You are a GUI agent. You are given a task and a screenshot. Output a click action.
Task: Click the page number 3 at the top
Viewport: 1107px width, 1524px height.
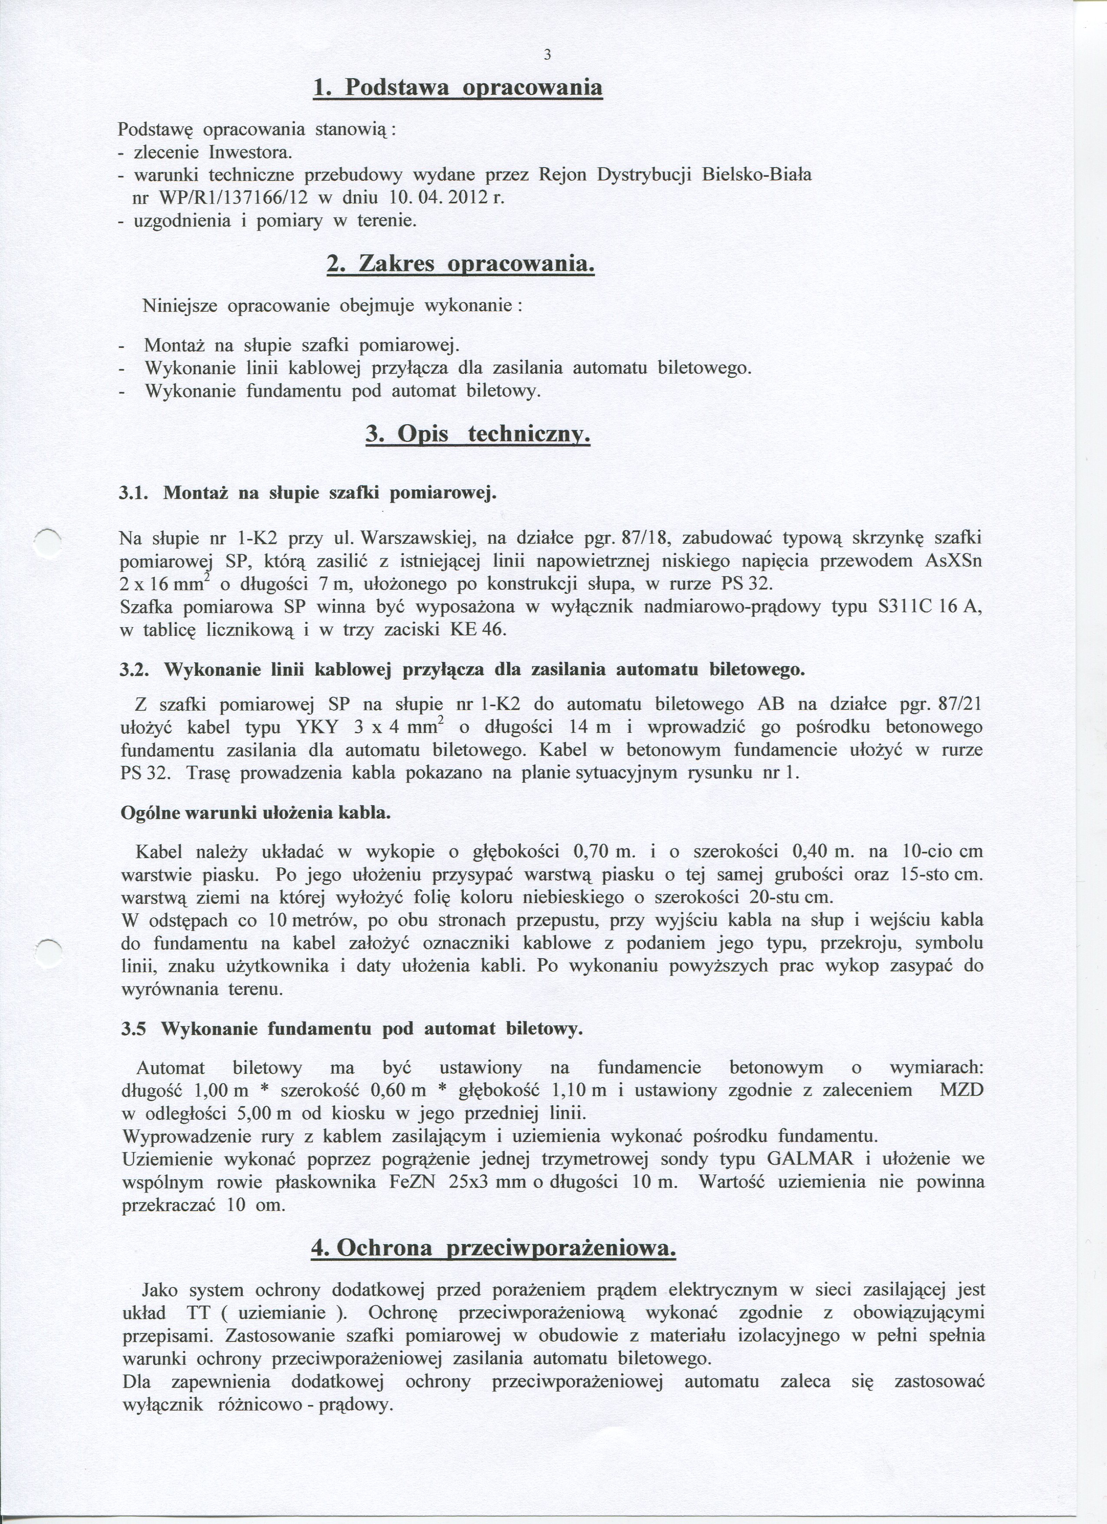[547, 56]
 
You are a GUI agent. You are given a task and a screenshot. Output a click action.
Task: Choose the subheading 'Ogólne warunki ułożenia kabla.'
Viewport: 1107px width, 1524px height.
[255, 813]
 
